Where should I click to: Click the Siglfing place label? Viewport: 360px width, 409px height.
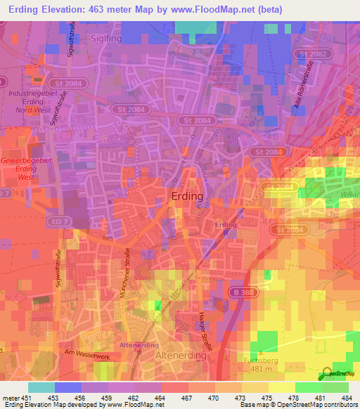click(x=106, y=39)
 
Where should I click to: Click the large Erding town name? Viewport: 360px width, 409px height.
click(x=187, y=197)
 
